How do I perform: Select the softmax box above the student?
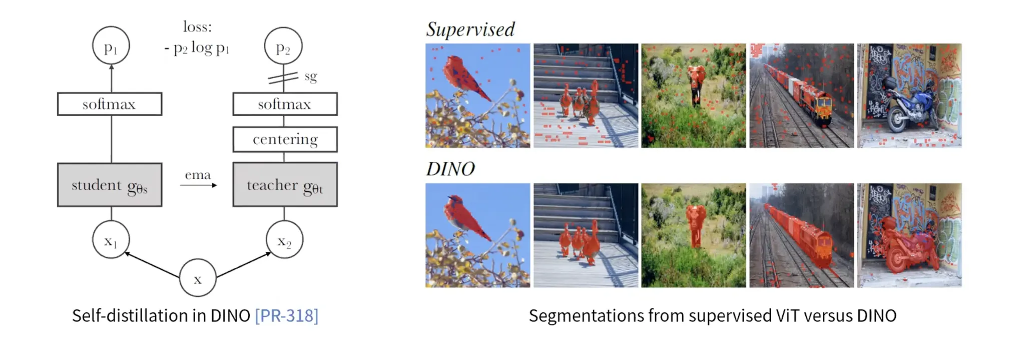(x=110, y=104)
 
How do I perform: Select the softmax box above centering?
(x=285, y=104)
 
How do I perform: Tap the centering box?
(x=285, y=139)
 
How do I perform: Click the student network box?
(x=110, y=185)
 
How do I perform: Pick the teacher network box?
(x=285, y=184)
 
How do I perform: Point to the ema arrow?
(x=199, y=185)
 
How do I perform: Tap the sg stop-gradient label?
(x=311, y=77)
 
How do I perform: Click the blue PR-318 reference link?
(x=286, y=315)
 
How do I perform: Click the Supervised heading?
(x=470, y=30)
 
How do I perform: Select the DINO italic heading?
(x=450, y=169)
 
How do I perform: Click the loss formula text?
(x=197, y=38)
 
